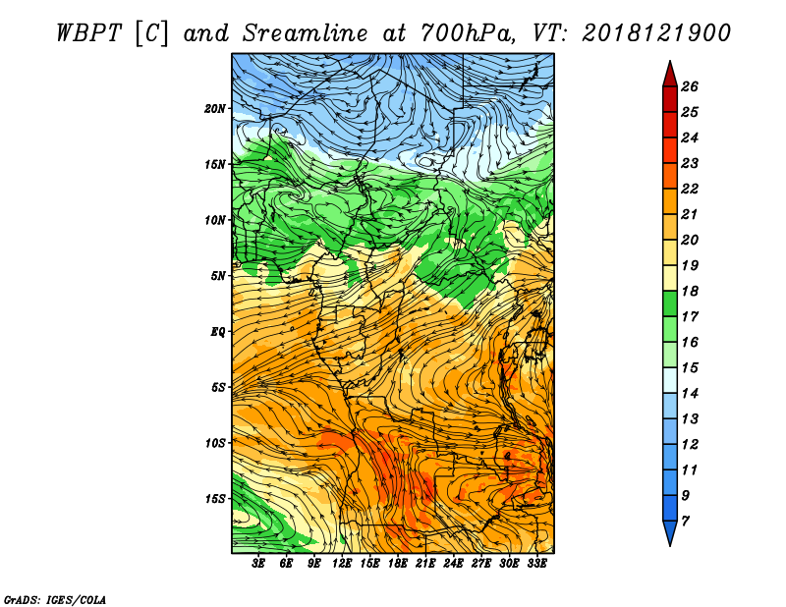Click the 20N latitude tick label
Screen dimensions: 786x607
pyautogui.click(x=215, y=109)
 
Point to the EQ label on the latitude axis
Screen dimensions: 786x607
pyautogui.click(x=218, y=332)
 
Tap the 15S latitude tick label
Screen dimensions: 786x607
pyautogui.click(x=215, y=499)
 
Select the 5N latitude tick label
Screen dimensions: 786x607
pyautogui.click(x=218, y=276)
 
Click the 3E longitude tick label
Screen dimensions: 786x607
pyautogui.click(x=258, y=564)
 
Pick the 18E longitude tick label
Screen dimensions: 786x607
pyautogui.click(x=397, y=564)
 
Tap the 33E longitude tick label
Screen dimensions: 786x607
pyautogui.click(x=536, y=564)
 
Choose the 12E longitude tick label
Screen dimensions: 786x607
pyautogui.click(x=341, y=564)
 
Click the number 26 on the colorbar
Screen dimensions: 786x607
pyautogui.click(x=690, y=86)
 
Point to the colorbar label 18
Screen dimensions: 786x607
pyautogui.click(x=690, y=291)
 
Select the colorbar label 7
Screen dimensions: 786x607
pyautogui.click(x=685, y=522)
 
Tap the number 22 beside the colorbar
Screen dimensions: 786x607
pyautogui.click(x=690, y=189)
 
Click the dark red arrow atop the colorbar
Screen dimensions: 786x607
pyautogui.click(x=670, y=75)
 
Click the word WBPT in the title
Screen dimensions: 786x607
pyautogui.click(x=88, y=33)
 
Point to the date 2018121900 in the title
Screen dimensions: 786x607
pyautogui.click(x=656, y=33)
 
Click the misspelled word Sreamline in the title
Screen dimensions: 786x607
pyautogui.click(x=306, y=33)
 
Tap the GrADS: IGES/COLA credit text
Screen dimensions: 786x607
pyautogui.click(x=55, y=600)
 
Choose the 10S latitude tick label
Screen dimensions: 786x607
pyautogui.click(x=215, y=443)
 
